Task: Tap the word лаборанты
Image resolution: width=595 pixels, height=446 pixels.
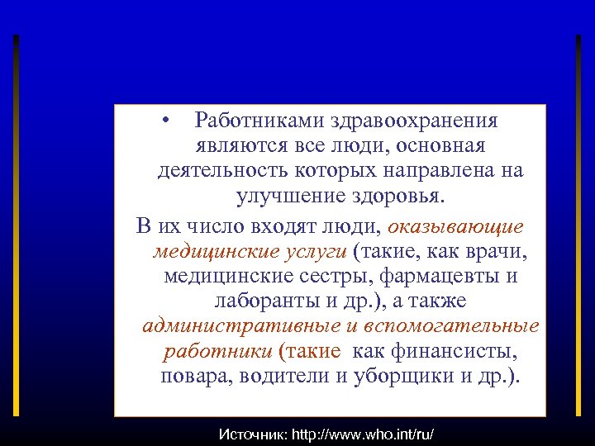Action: pos(255,301)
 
